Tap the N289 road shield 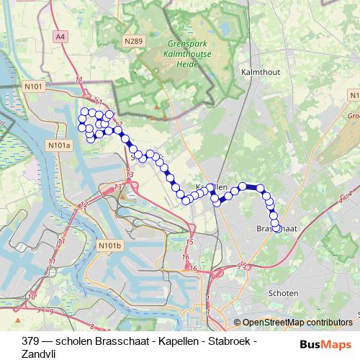coord(132,41)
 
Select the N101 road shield coord(35,86)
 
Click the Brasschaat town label coord(276,228)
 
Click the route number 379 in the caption coord(31,341)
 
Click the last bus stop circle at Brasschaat coord(276,229)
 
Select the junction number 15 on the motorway coord(189,243)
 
